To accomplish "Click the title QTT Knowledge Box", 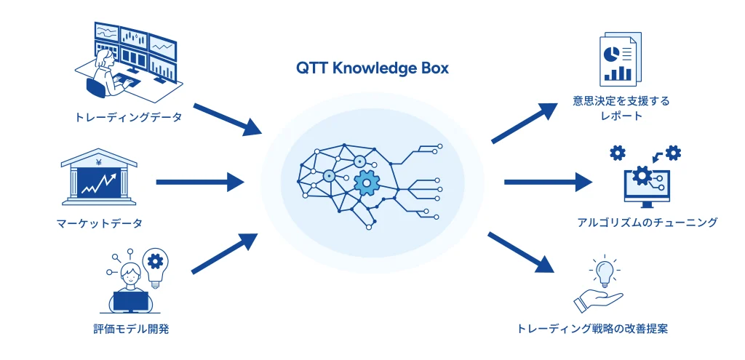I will (x=372, y=68).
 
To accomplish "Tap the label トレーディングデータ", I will (x=129, y=116).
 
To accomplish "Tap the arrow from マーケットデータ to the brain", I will (x=200, y=182).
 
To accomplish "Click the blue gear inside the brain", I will (x=367, y=183).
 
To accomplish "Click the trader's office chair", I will (x=95, y=87).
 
